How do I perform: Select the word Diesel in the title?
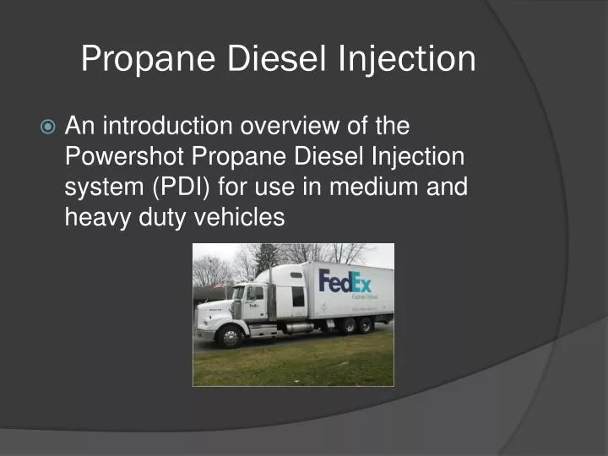(x=269, y=59)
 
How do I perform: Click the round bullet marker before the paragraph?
(x=48, y=128)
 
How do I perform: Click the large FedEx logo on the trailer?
(x=345, y=280)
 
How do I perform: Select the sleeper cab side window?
(x=297, y=296)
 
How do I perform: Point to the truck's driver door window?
(x=254, y=294)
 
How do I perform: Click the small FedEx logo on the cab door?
(x=255, y=309)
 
